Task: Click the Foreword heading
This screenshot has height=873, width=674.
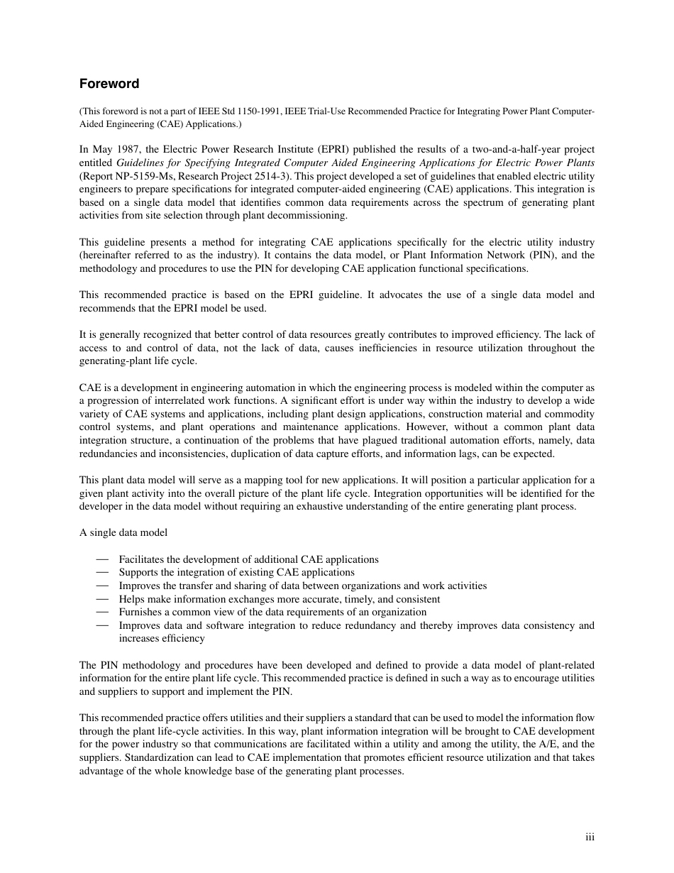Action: coord(109,84)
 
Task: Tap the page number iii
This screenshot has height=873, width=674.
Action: coord(590,837)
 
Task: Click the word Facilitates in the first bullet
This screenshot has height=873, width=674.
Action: coord(143,559)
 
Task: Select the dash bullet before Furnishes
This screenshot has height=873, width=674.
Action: coord(103,612)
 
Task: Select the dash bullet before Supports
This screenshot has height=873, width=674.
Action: coord(103,572)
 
